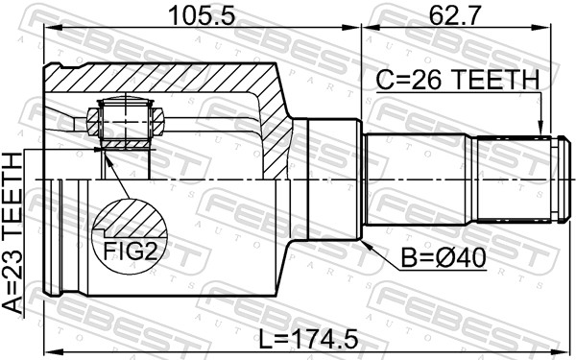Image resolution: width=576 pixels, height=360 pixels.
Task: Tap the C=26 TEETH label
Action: pos(456,82)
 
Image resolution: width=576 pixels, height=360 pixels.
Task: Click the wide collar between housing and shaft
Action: pos(326,180)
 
